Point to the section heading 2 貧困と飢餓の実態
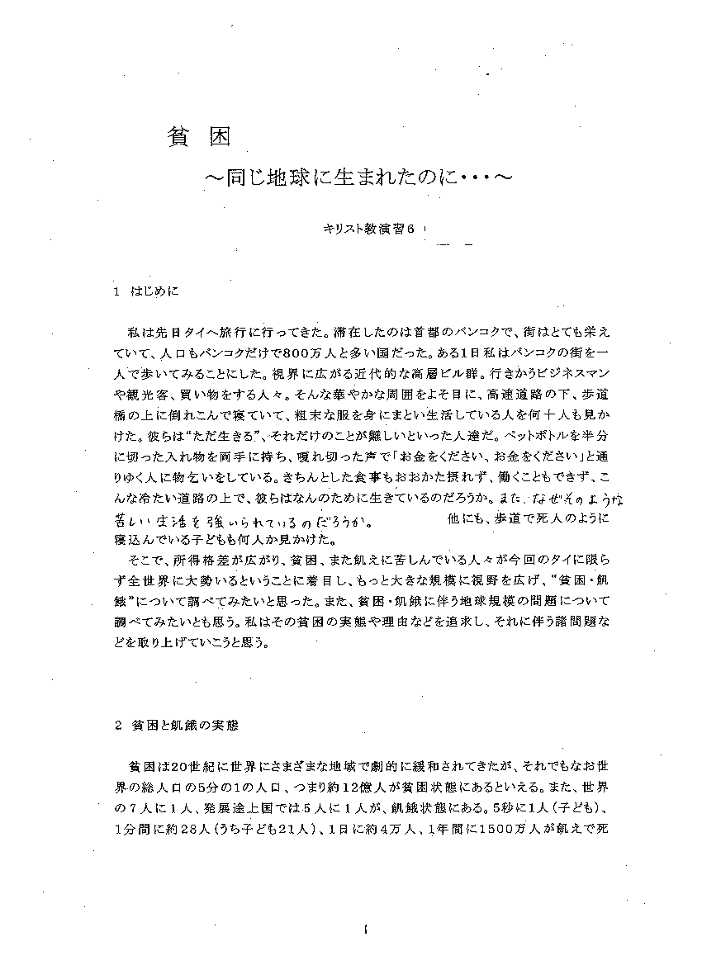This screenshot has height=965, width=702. [x=176, y=726]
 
